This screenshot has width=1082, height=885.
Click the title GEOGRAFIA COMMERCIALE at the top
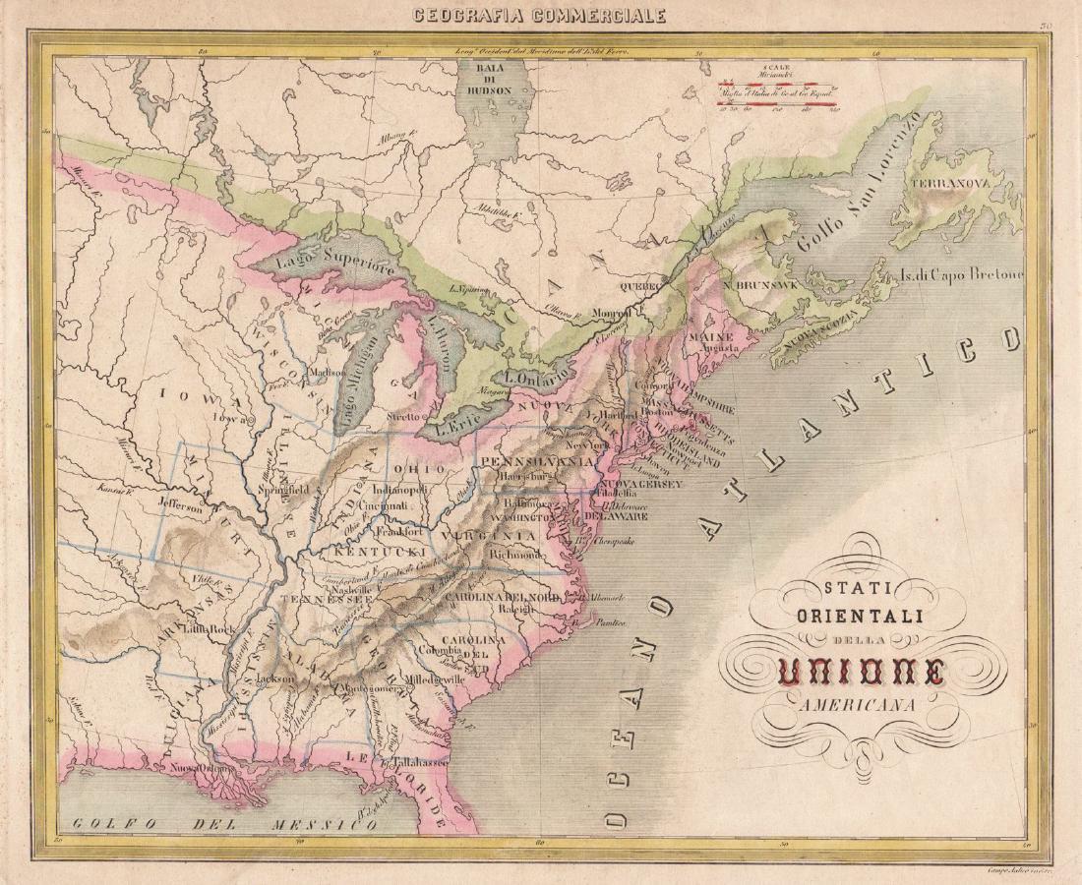point(540,15)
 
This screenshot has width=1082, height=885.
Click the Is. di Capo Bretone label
point(961,273)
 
